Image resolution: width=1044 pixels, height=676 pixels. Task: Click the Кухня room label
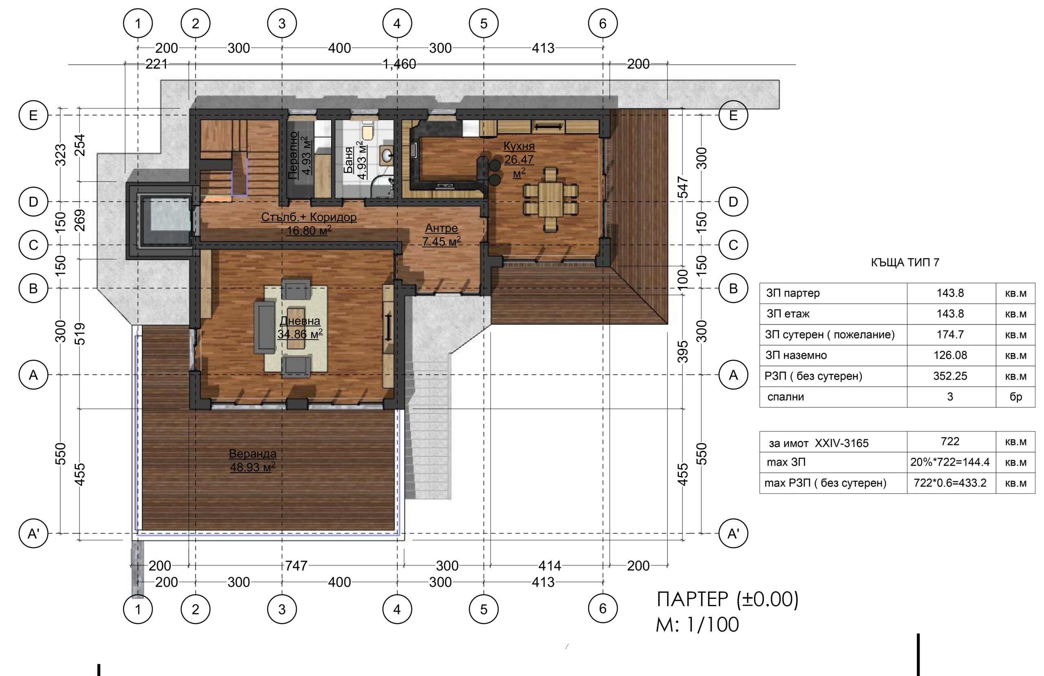click(x=519, y=146)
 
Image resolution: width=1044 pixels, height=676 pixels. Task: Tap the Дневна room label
click(x=300, y=321)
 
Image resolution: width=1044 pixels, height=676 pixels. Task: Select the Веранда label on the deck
click(x=253, y=454)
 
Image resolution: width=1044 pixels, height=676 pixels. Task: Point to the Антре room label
click(x=442, y=228)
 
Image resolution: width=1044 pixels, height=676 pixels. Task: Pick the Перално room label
click(x=294, y=156)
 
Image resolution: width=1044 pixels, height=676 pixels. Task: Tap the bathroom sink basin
click(x=387, y=155)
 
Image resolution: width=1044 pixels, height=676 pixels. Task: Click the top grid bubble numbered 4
click(x=397, y=23)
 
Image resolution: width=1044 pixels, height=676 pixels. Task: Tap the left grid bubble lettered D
click(x=33, y=202)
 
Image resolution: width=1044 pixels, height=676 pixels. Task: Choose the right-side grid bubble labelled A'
click(x=733, y=534)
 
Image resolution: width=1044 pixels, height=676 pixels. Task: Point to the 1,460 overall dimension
click(x=399, y=64)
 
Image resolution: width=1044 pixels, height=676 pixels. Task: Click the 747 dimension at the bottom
click(x=296, y=566)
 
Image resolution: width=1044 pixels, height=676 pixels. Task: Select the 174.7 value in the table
click(x=950, y=334)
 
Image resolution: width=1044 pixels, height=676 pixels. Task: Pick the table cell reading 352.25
click(x=950, y=376)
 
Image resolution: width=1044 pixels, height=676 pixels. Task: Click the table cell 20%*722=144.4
click(x=950, y=462)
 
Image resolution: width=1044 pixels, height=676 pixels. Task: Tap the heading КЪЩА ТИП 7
click(x=905, y=262)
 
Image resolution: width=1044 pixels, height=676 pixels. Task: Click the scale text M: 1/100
click(x=697, y=625)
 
